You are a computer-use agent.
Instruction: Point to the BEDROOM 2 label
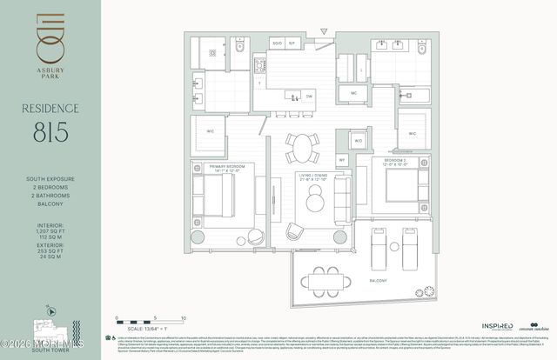point(387,161)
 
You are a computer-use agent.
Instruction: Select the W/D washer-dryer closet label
point(359,139)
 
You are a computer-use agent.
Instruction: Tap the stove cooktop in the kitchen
point(258,65)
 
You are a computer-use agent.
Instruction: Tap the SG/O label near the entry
point(278,42)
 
